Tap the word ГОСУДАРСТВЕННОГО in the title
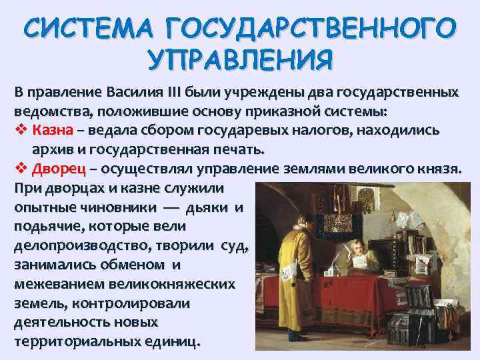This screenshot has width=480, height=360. pyautogui.click(x=312, y=30)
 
